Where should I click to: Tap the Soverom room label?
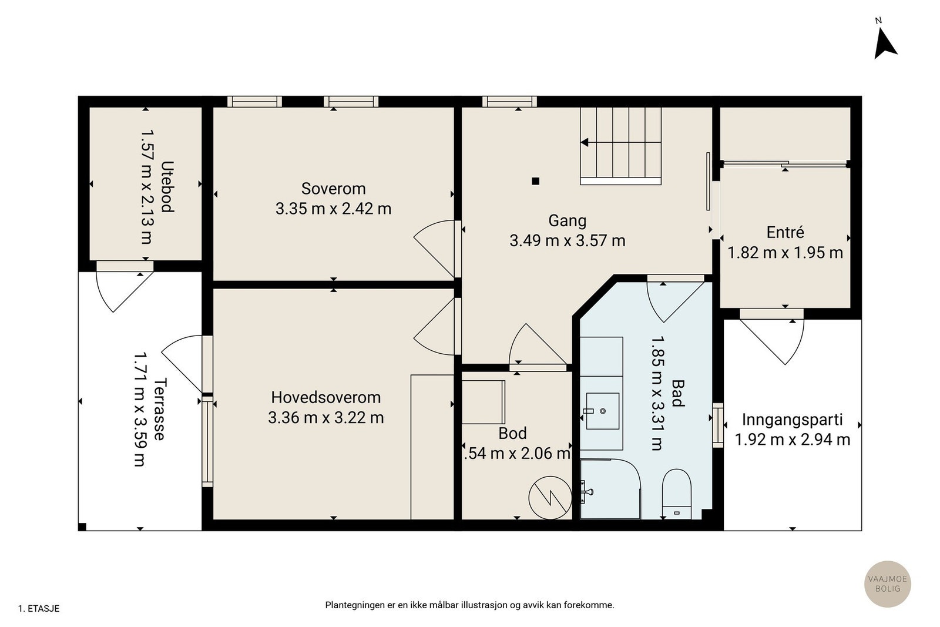[x=334, y=189]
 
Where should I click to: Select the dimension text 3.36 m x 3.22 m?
[x=325, y=418]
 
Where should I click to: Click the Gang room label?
[x=568, y=221]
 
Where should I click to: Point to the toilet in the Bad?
[x=676, y=494]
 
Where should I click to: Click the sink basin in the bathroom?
[x=603, y=411]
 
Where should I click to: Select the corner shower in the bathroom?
[x=610, y=489]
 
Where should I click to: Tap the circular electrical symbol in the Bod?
[x=550, y=498]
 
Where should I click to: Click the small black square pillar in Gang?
[x=535, y=182]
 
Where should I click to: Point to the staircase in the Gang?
[x=620, y=146]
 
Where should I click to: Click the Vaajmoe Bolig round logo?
[x=888, y=584]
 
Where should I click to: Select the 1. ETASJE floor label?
[x=39, y=609]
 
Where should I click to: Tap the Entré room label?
[x=785, y=232]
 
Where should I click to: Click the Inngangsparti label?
[x=793, y=420]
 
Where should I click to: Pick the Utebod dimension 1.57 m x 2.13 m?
[x=146, y=187]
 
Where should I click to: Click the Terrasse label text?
[x=161, y=409]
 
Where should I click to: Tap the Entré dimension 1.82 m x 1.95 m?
[x=785, y=253]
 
